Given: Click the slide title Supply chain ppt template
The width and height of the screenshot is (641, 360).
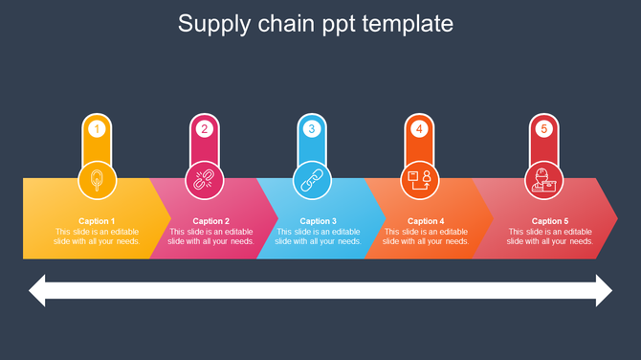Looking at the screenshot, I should (316, 23).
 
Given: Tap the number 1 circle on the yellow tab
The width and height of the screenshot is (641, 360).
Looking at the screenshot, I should (97, 128).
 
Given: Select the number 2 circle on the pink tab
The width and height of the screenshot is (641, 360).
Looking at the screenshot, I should (204, 128).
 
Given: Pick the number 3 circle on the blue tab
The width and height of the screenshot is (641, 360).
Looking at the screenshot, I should (311, 128).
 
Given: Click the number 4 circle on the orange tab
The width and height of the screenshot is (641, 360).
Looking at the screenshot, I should (418, 128).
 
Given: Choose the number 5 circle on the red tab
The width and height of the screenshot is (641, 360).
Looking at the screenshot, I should (543, 128).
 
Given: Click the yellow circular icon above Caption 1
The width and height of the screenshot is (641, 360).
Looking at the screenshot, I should (97, 179).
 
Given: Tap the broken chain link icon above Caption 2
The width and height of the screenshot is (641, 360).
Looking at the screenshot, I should (204, 179).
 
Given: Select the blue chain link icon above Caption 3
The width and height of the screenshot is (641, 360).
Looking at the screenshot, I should (311, 179).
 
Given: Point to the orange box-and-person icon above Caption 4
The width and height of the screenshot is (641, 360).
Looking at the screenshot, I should (418, 179).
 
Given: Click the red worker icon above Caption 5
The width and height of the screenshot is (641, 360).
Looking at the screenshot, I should (543, 179).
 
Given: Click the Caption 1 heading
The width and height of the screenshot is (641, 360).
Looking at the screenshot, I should (97, 221).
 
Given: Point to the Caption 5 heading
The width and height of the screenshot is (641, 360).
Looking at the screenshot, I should (550, 221).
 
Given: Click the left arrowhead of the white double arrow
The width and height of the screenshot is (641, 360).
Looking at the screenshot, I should (38, 290).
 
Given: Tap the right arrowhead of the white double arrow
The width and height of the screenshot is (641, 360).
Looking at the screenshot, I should (603, 290).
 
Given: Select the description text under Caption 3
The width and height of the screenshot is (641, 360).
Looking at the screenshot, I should (319, 236).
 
